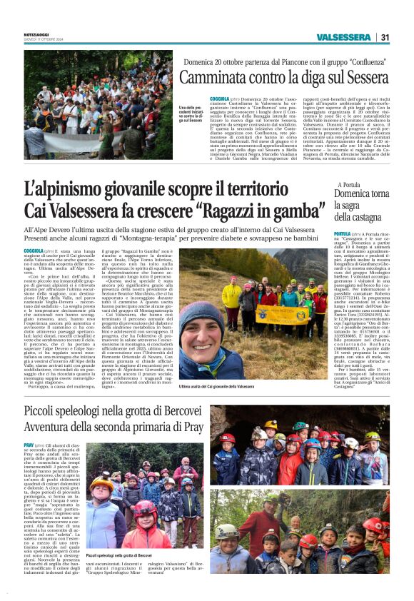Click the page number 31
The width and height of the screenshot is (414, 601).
pyautogui.click(x=385, y=36)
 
